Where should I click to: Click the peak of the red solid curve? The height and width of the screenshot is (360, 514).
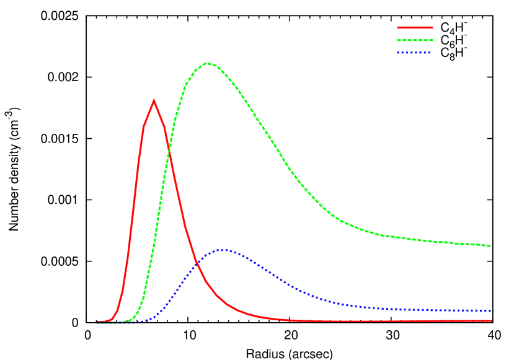coord(154,100)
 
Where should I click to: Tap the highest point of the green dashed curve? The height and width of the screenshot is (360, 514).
coord(206,63)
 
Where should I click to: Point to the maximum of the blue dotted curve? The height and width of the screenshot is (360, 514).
coord(223,250)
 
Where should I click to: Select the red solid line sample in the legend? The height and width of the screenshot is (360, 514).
coord(415,27)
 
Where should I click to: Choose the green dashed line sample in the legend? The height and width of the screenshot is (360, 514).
coord(415,40)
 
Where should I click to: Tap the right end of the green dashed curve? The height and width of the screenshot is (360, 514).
coord(492,246)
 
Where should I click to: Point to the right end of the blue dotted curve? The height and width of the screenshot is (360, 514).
coord(491,310)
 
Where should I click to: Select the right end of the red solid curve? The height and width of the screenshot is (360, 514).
coord(492,321)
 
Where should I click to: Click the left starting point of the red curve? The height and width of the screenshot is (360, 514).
coord(97,322)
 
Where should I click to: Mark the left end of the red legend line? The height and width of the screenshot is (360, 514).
coord(397,27)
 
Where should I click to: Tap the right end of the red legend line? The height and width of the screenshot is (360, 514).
coord(433,27)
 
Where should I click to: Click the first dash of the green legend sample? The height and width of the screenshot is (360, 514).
coord(399,40)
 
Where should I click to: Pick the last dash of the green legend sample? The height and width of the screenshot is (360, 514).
coord(430,40)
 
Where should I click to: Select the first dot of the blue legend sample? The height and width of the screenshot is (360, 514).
coord(398,53)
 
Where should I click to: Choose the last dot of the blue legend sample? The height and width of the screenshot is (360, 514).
coord(428,53)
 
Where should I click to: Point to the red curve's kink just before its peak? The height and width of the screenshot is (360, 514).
coord(144,126)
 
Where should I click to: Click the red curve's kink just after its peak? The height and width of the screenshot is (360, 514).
coord(164,128)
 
